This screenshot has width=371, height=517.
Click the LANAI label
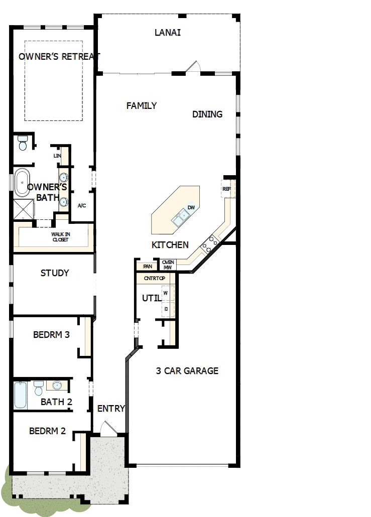168,33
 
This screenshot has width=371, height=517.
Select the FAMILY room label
141,106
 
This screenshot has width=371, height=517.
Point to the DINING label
207,114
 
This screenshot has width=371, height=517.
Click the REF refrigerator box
226,189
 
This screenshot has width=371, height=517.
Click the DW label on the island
191,207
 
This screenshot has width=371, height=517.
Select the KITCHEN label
170,245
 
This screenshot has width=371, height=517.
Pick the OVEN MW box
168,265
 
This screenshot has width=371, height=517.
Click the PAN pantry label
147,267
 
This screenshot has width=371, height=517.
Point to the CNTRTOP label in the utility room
154,278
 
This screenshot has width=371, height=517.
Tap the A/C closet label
82,206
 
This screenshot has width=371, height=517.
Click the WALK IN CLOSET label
60,237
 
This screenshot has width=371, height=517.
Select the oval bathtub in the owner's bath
22,183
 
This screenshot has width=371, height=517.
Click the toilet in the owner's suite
22,144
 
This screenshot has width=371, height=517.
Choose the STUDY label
55,274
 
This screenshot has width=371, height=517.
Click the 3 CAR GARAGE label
187,371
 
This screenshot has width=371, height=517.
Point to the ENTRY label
111,409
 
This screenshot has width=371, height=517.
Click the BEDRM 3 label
51,335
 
